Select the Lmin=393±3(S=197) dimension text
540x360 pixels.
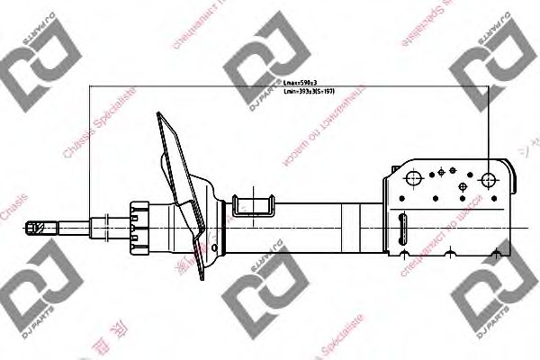309,92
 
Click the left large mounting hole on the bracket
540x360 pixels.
415,179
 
